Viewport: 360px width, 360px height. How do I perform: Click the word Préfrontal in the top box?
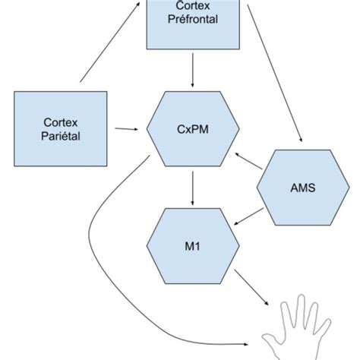click(x=193, y=19)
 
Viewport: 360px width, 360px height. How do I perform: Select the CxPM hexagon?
click(x=193, y=129)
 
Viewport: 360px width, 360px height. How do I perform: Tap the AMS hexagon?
click(x=303, y=188)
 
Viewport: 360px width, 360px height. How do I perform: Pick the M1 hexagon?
click(x=193, y=246)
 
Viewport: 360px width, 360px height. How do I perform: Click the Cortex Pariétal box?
click(x=61, y=129)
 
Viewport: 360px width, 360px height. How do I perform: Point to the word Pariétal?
click(x=61, y=136)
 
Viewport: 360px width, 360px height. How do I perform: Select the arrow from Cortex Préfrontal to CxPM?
click(x=192, y=70)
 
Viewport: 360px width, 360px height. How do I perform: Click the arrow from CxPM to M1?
click(x=192, y=188)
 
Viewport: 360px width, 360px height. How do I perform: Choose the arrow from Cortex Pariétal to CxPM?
click(x=127, y=129)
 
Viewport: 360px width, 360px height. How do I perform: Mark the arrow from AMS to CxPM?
click(x=248, y=161)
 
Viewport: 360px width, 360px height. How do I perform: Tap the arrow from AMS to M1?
click(x=248, y=216)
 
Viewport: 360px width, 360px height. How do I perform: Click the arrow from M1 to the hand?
click(x=251, y=288)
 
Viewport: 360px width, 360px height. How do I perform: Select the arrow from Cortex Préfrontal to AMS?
click(x=275, y=74)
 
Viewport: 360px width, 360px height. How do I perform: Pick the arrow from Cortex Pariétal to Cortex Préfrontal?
click(x=110, y=43)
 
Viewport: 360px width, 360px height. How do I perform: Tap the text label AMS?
click(x=303, y=188)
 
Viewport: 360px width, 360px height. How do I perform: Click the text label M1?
click(x=192, y=246)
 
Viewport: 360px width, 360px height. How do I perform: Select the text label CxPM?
click(x=193, y=129)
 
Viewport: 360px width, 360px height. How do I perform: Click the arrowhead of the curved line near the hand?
click(x=246, y=344)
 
